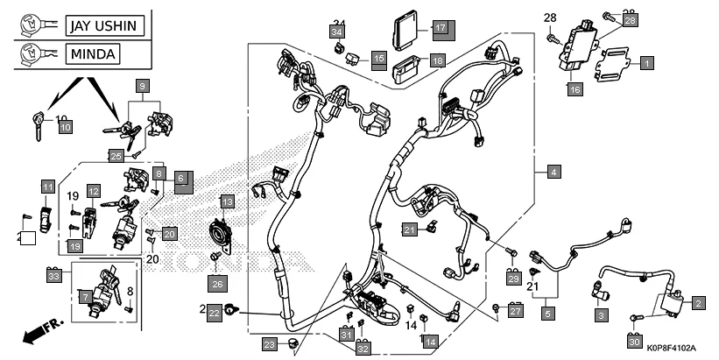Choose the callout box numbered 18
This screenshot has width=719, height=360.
coord(437,60)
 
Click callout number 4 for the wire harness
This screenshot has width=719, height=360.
coord(553,173)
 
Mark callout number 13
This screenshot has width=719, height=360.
coord(227,202)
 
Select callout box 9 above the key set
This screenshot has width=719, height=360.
coord(142,86)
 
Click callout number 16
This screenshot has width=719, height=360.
coord(574,89)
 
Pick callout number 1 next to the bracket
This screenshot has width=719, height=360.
coord(646,63)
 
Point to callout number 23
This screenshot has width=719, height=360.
coord(270,343)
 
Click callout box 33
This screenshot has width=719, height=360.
coord(55,276)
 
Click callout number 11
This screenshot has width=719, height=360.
coord(47,187)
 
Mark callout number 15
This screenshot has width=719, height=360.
coord(378,59)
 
